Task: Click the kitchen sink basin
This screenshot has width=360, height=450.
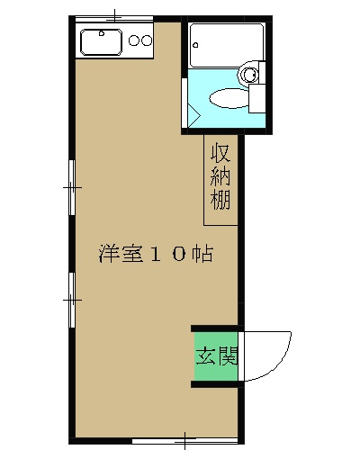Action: [100, 41]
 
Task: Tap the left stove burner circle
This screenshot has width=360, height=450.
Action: [133, 40]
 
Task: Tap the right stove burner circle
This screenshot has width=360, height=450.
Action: [146, 40]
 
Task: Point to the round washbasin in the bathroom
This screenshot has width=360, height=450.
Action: [252, 73]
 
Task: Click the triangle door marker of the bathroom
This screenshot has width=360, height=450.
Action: [193, 115]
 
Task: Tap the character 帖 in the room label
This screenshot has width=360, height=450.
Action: [202, 254]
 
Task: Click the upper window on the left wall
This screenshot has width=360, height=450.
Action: [71, 187]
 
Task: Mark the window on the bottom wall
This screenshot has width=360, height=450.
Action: [184, 440]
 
